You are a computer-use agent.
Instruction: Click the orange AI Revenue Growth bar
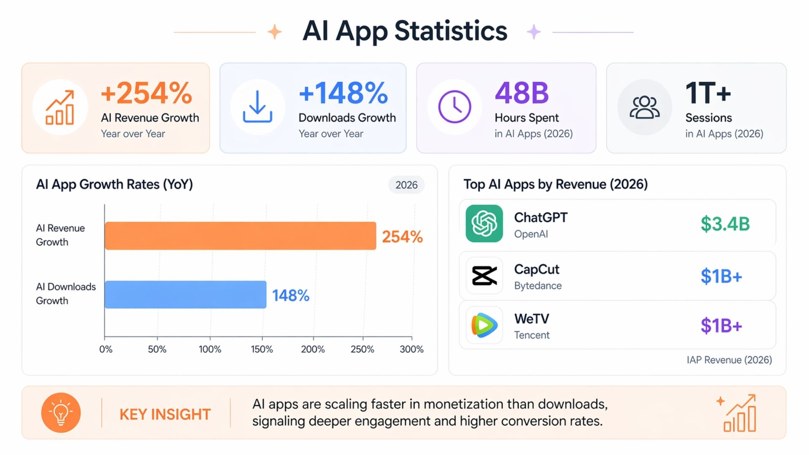(240, 236)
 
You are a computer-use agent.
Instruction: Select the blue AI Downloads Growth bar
(185, 294)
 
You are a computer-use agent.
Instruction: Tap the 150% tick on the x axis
(262, 349)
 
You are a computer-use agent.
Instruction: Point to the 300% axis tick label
(411, 349)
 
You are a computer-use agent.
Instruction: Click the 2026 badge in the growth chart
(406, 185)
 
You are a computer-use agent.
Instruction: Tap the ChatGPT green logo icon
(484, 223)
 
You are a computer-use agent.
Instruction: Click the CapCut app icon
(484, 276)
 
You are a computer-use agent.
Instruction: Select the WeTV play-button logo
(484, 325)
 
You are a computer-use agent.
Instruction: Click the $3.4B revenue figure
(725, 224)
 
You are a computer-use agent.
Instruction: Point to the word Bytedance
(538, 286)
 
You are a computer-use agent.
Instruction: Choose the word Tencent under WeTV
(532, 335)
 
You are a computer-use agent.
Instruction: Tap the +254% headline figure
(146, 93)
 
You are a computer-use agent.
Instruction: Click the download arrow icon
(257, 107)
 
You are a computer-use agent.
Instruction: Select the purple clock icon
(455, 107)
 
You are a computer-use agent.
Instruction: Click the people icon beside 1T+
(644, 107)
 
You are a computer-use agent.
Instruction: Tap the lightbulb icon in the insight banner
(61, 413)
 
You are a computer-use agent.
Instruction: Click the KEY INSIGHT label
(165, 414)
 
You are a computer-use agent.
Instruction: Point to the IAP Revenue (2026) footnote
(729, 360)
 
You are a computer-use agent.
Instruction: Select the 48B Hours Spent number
(522, 93)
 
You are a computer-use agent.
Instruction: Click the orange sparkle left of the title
(275, 32)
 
